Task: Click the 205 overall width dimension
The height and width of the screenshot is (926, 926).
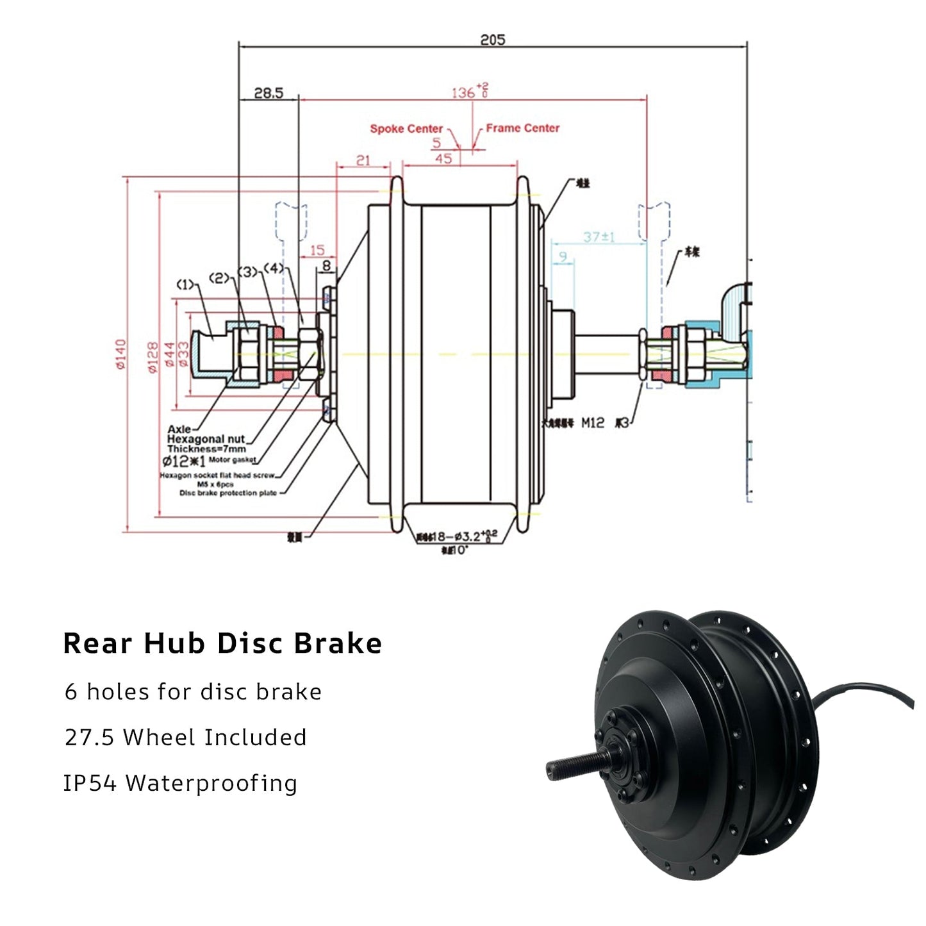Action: click(x=492, y=40)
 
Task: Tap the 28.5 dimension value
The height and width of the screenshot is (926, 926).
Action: click(x=268, y=94)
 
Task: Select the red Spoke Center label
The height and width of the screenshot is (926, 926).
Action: click(x=406, y=129)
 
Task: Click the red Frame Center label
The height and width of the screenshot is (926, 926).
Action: click(x=522, y=128)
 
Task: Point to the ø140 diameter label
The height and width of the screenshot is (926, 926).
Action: click(x=120, y=354)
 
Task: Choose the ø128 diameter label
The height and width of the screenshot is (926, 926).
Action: click(x=153, y=357)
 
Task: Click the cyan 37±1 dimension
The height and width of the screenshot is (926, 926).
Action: click(x=599, y=237)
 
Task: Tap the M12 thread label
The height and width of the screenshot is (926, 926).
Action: click(x=592, y=423)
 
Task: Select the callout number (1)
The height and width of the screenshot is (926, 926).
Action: click(x=185, y=284)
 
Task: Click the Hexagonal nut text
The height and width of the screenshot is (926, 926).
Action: click(x=206, y=439)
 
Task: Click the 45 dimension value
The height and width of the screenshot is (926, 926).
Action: click(x=443, y=158)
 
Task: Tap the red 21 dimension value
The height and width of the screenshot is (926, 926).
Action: click(x=363, y=160)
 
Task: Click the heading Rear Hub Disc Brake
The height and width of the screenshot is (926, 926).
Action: click(x=222, y=643)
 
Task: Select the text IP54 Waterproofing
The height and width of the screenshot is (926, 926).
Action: click(x=180, y=783)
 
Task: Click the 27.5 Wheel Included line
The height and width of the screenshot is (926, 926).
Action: click(x=185, y=737)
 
